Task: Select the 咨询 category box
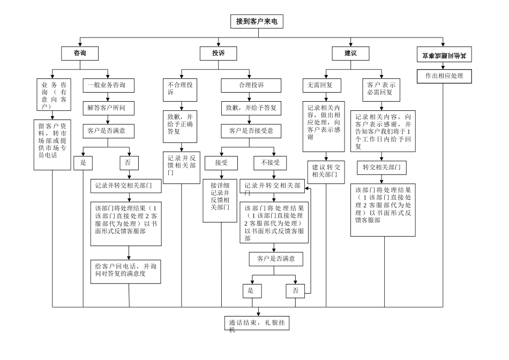[79, 53]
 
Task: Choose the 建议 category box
[351, 53]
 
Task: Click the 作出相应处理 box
[444, 77]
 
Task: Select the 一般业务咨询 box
[108, 85]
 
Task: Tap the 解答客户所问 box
[108, 108]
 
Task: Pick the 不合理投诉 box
[181, 88]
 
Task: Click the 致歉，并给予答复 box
[251, 108]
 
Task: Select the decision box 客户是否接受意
[251, 131]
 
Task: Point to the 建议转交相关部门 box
[326, 170]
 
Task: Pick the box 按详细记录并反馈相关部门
[220, 200]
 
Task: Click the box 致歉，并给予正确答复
[181, 123]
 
